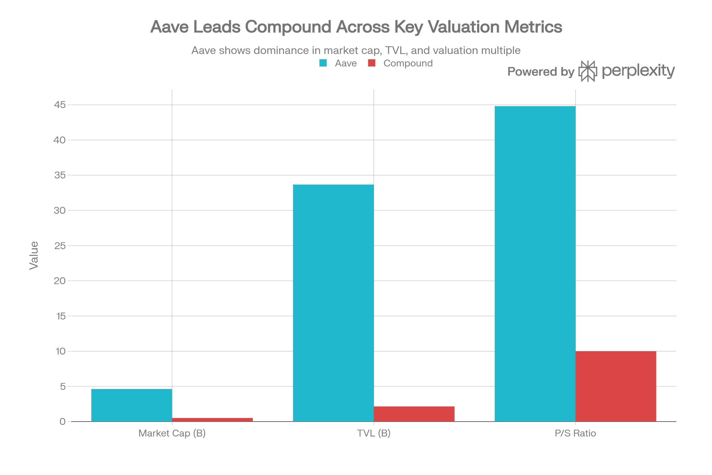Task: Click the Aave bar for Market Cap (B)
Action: coord(131,405)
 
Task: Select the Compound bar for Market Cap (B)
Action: coord(213,419)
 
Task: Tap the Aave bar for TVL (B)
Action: coord(333,303)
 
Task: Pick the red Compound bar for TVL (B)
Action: coord(414,414)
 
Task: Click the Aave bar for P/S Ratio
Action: coord(535,264)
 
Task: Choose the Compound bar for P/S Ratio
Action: coord(616,386)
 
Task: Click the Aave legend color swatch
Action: coord(323,64)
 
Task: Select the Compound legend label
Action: coord(408,64)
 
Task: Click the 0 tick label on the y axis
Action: coord(63,422)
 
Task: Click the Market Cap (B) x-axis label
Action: coord(172,434)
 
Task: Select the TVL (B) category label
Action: coord(373,434)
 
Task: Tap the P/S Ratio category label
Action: coord(575,434)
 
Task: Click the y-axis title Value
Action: coord(34,255)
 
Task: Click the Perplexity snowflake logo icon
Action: coord(588,71)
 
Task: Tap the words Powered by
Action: coord(540,72)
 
